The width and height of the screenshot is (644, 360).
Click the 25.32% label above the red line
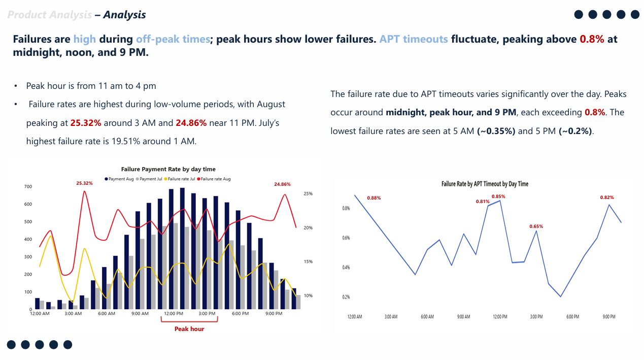point(84,183)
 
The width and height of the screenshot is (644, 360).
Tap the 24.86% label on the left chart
point(282,184)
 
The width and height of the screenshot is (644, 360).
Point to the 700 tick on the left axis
point(28,187)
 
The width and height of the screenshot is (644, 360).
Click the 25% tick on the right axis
point(308,193)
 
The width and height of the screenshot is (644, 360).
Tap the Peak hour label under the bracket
point(189,329)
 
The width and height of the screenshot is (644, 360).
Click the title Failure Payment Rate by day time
point(168,169)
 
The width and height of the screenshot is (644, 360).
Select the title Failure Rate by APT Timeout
point(485,184)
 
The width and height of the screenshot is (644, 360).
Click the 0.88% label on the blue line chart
point(374,198)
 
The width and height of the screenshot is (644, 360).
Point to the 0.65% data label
point(536,226)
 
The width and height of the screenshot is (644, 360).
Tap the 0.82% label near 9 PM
point(607,198)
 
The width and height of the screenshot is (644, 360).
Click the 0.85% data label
point(498,197)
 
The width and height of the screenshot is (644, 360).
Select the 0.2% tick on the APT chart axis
point(346,297)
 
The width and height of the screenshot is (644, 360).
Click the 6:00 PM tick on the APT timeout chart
point(572,317)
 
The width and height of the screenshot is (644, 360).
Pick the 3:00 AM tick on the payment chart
point(73,314)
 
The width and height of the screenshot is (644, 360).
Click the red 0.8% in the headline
point(592,39)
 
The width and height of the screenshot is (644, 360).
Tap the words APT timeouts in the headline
point(414,39)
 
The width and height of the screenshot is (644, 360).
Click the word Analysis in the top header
point(124,15)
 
